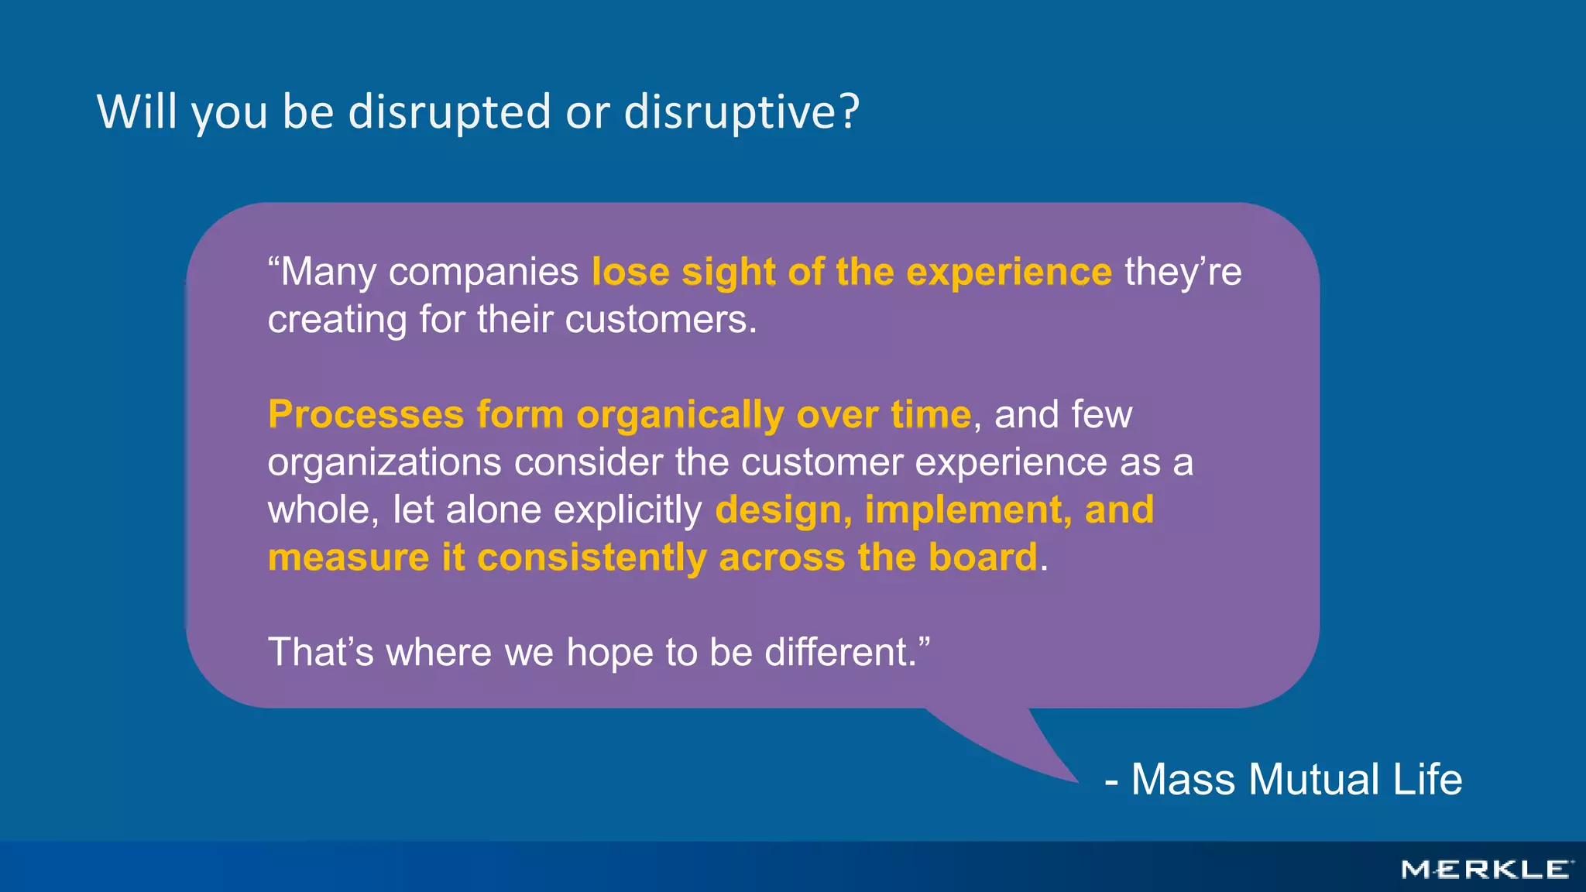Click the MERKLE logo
(1486, 870)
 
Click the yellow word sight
(728, 273)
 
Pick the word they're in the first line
(1183, 273)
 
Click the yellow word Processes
(366, 414)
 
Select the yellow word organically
(680, 416)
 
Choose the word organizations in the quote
(384, 463)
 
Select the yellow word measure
(348, 558)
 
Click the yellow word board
(982, 557)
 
